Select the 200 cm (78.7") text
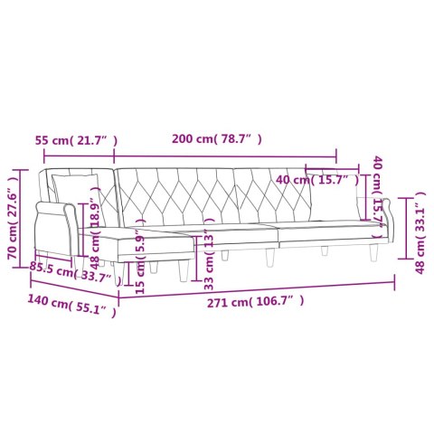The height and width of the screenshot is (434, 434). [x=217, y=140]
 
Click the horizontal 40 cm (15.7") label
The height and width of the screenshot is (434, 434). [x=317, y=181]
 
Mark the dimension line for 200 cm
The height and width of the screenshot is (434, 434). [x=226, y=153]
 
